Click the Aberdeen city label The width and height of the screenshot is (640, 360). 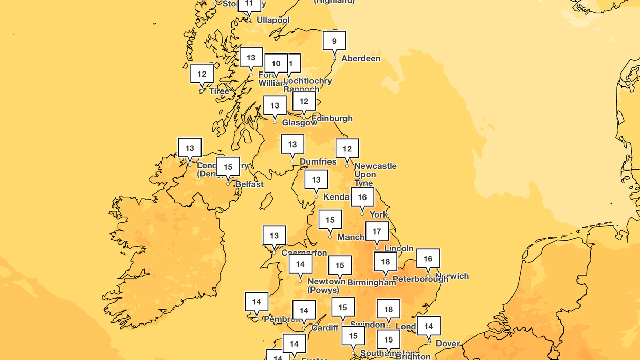click(x=361, y=58)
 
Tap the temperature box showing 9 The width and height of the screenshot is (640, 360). click(x=334, y=41)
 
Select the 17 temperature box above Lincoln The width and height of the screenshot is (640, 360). click(x=377, y=231)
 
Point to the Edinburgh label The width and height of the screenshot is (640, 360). click(x=332, y=118)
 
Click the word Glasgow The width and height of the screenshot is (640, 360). click(x=300, y=123)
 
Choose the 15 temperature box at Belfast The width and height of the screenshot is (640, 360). click(x=228, y=167)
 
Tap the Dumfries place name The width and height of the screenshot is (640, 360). click(x=318, y=161)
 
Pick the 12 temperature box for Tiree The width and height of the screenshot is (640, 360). click(x=202, y=74)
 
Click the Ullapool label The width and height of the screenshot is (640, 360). click(x=273, y=20)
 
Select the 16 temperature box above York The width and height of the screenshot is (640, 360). click(x=362, y=197)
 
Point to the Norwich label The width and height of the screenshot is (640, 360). click(x=452, y=276)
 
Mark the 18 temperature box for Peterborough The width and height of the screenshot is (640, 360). click(x=386, y=261)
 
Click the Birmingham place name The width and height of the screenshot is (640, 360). click(x=372, y=282)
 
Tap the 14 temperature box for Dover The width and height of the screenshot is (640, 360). click(x=429, y=326)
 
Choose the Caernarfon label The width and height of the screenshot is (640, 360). click(x=304, y=253)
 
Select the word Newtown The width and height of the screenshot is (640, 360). click(x=326, y=281)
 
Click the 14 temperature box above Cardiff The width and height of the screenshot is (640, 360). click(x=304, y=310)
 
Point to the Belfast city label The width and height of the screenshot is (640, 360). click(x=249, y=184)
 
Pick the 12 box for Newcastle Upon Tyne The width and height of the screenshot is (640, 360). click(x=347, y=149)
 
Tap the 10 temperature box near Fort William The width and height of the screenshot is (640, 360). click(x=276, y=63)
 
